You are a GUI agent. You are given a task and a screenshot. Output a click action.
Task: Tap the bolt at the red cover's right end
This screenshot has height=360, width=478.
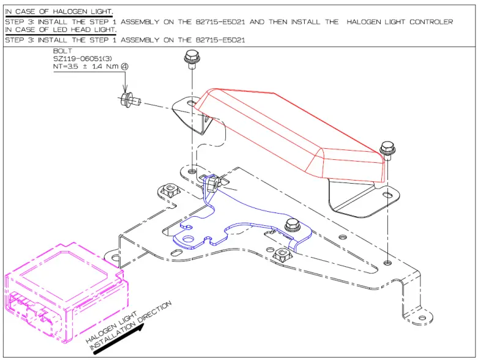[x=387, y=148]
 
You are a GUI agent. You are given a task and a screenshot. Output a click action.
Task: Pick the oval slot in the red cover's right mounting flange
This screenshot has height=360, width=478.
[x=388, y=195]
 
